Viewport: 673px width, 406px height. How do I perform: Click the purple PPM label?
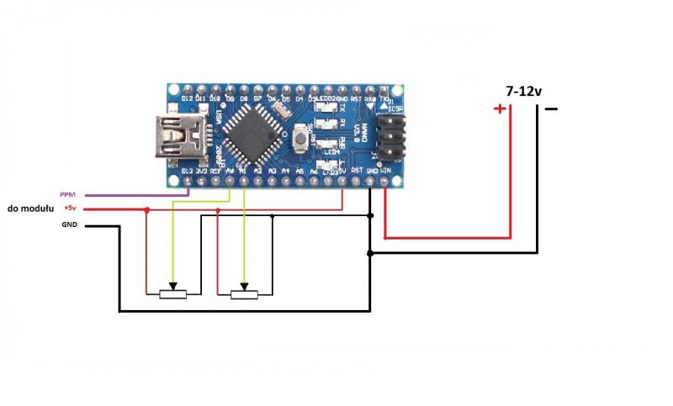(x=67, y=194)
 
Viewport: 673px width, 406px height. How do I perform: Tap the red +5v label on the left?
(x=69, y=208)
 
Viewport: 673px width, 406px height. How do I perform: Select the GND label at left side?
(x=69, y=225)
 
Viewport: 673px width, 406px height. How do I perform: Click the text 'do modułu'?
(x=30, y=208)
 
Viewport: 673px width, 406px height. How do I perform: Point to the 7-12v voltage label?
(x=522, y=91)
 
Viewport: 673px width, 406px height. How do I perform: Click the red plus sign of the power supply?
(x=500, y=109)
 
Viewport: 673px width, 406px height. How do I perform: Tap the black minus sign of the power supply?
(x=550, y=108)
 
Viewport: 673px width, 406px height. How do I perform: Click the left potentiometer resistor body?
(x=172, y=293)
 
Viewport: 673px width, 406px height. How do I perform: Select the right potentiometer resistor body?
(x=244, y=293)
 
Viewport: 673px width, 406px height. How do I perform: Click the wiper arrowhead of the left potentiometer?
(x=172, y=285)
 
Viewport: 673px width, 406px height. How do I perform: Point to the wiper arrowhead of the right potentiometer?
(x=244, y=285)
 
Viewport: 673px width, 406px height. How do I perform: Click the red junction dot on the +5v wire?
(x=147, y=209)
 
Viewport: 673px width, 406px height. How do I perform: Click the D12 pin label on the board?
(x=187, y=99)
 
